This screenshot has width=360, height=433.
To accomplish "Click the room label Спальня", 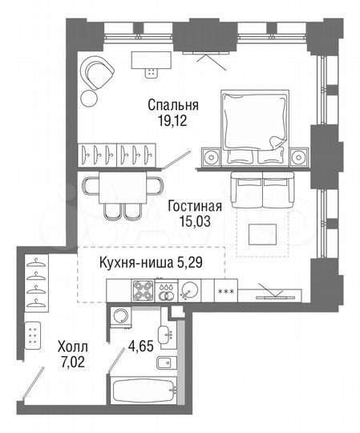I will [x=172, y=105].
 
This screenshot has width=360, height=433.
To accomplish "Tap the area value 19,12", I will [x=172, y=122].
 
